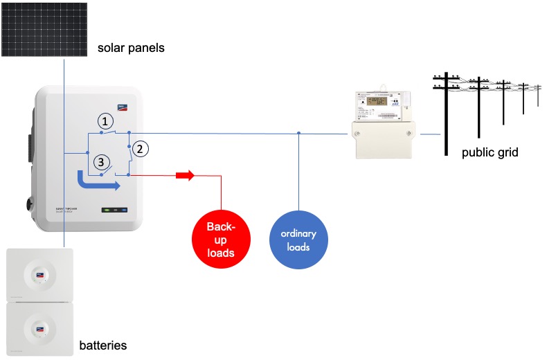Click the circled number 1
[x=105, y=121]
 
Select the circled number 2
[x=140, y=148]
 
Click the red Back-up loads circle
[x=221, y=239]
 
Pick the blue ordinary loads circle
[x=298, y=239]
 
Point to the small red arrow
[x=186, y=176]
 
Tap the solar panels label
[x=130, y=48]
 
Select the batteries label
[x=102, y=345]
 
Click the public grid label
[x=490, y=152]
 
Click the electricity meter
[x=383, y=125]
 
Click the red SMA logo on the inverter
[x=123, y=106]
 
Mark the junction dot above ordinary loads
[x=298, y=133]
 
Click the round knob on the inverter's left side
[x=30, y=204]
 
